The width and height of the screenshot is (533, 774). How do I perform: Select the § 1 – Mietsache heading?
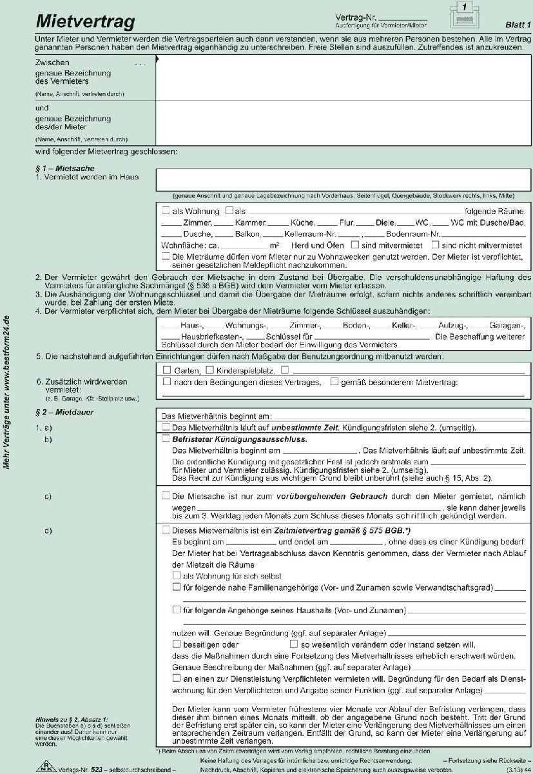tap(63, 168)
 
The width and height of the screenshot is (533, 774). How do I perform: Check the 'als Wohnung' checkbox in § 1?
tap(166, 211)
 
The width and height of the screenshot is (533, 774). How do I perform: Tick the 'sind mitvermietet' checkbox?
tap(355, 245)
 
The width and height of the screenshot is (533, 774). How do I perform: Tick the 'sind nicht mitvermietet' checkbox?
tap(435, 245)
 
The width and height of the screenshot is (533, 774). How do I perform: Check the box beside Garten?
tap(166, 370)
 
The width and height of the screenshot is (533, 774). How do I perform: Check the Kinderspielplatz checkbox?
tap(209, 370)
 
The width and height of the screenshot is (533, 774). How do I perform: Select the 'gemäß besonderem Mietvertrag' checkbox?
tap(334, 382)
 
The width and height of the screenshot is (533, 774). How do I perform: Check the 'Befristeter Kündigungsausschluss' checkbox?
tap(166, 439)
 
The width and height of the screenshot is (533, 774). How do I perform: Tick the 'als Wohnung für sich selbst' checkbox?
tap(177, 575)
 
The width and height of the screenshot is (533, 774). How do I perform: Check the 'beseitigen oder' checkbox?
tap(177, 644)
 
